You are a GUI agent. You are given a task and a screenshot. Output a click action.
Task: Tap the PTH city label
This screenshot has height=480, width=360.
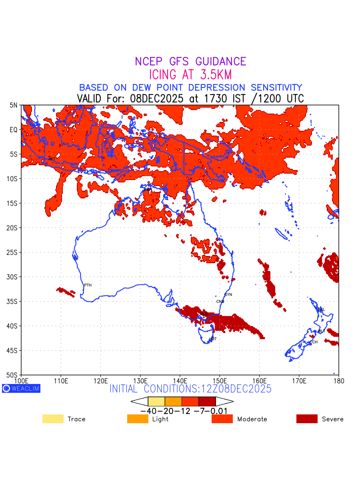point(88,285)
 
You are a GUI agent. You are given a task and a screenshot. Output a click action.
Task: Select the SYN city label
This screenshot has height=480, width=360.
point(228,295)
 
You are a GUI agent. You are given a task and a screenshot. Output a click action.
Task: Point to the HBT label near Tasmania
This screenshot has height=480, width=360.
point(213,339)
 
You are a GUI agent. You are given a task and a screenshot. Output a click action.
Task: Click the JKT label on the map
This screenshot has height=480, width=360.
point(52,159)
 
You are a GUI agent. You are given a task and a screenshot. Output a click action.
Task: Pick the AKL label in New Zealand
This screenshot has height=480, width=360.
point(321,310)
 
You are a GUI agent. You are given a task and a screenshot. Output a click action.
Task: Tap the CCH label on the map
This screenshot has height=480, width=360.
point(314,342)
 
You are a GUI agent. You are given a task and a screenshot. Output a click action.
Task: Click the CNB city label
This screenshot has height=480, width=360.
point(220,302)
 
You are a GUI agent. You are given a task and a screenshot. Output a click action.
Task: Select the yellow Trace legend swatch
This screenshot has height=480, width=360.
point(53,419)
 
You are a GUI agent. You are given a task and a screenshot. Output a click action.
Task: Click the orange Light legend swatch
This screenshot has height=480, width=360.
point(138,419)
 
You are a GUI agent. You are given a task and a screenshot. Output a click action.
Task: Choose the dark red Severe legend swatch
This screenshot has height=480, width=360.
point(307,419)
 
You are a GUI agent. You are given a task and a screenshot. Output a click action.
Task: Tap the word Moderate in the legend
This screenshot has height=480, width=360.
point(252,419)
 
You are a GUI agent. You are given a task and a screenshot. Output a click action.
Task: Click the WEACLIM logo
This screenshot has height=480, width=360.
point(21,388)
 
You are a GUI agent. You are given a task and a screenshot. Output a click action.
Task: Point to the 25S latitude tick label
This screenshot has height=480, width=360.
point(14,252)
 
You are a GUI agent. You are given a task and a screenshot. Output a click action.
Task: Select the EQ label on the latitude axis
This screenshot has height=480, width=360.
point(14,130)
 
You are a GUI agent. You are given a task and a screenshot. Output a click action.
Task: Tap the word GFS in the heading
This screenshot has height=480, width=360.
point(181,62)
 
